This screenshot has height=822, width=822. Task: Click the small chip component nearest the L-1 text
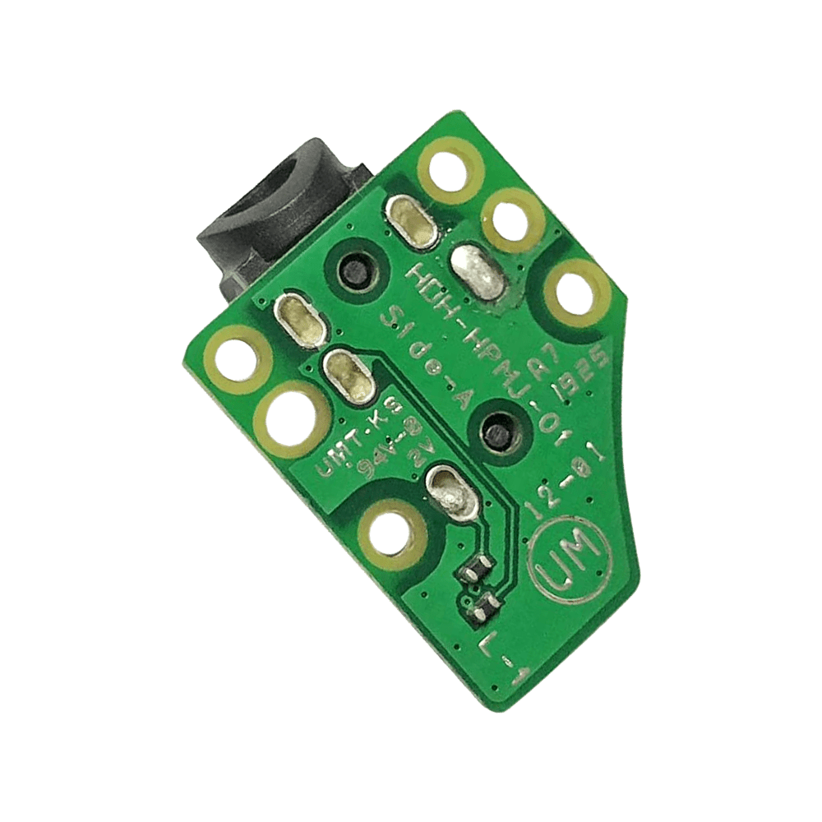click(481, 607)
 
